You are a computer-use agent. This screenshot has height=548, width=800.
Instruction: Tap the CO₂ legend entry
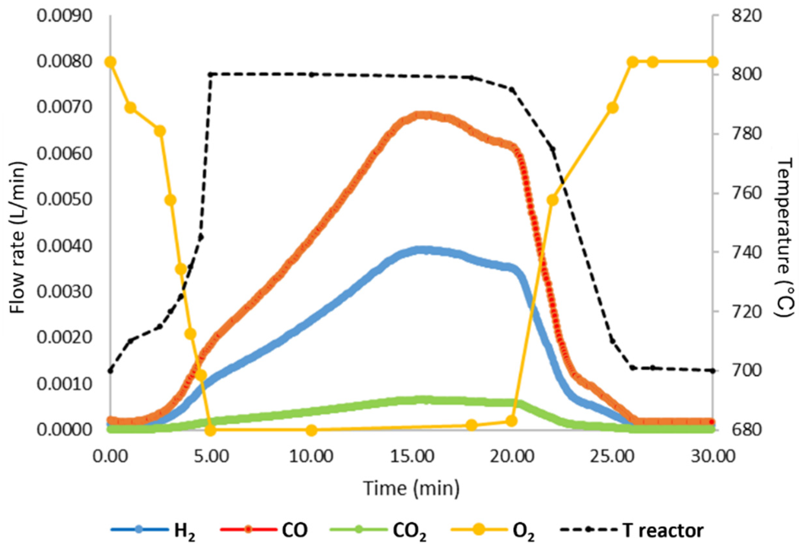[x=379, y=530]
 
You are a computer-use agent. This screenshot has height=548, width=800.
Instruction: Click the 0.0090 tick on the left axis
[x=65, y=16]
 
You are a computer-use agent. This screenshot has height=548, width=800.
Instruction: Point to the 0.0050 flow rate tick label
[x=65, y=200]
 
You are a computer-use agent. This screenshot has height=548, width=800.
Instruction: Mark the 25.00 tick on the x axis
[x=613, y=457]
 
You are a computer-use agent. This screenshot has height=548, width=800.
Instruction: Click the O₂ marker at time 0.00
[x=110, y=62]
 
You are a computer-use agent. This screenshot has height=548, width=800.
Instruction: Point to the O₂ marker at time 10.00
[x=312, y=430]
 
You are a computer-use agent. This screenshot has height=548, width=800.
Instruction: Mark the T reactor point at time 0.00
[x=111, y=371]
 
